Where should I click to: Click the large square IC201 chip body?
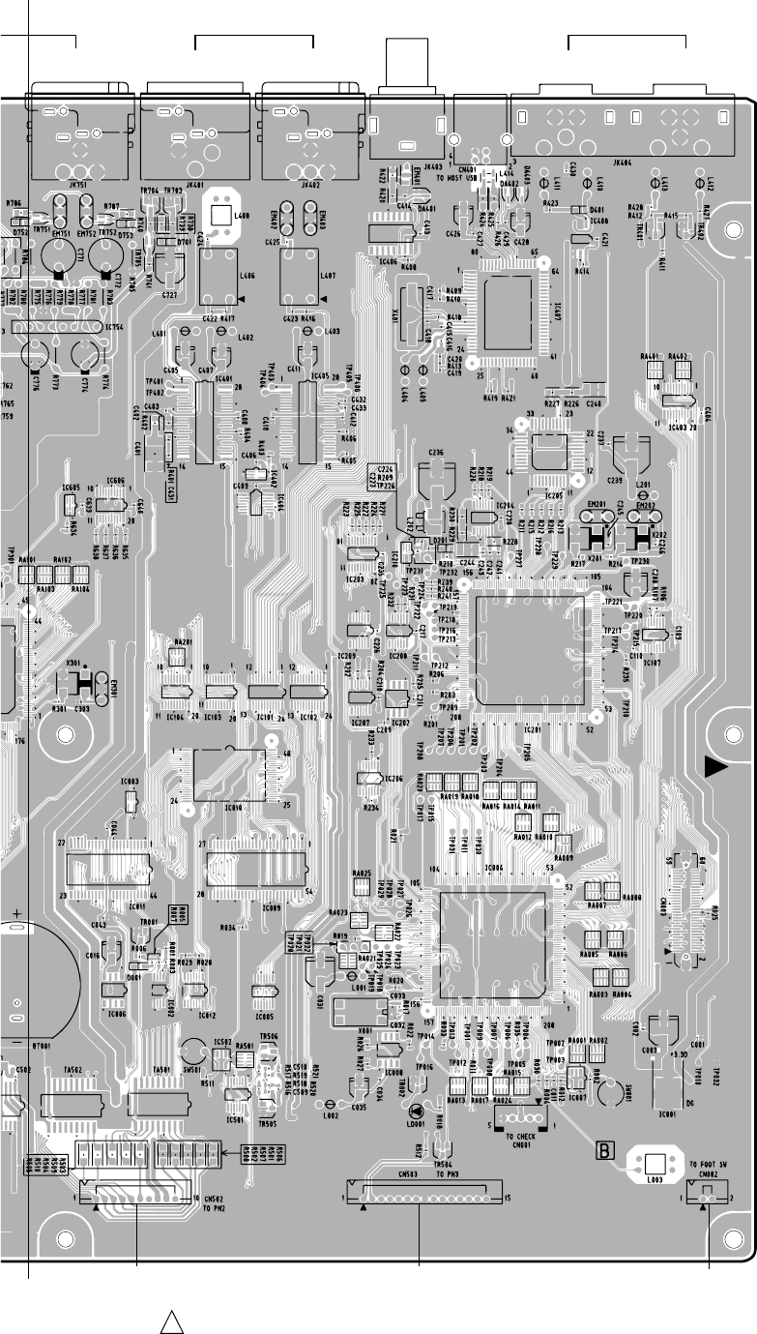pos(529,653)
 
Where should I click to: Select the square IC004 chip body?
pos(494,945)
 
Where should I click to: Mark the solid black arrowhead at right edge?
pos(715,767)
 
